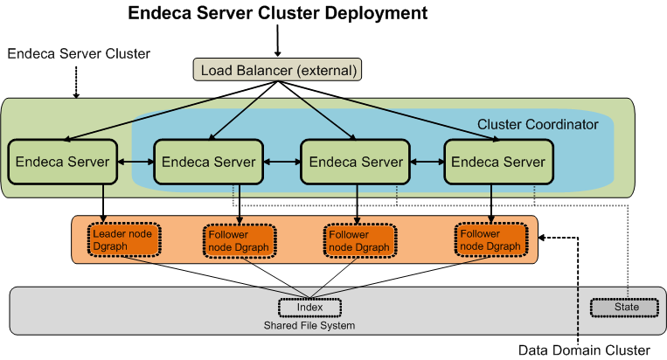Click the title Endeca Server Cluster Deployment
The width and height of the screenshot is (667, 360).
coord(278,13)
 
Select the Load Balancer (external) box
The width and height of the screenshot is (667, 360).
coord(277,69)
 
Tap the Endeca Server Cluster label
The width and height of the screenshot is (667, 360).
coord(79,53)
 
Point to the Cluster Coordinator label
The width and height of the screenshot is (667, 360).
coord(538,124)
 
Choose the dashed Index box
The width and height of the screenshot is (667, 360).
coord(309,307)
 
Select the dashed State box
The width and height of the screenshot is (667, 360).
coord(625,307)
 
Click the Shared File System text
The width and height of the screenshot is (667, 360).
coord(309,325)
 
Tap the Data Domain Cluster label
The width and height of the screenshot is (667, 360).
coord(584,350)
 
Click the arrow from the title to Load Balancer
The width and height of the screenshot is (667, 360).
coord(277,40)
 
